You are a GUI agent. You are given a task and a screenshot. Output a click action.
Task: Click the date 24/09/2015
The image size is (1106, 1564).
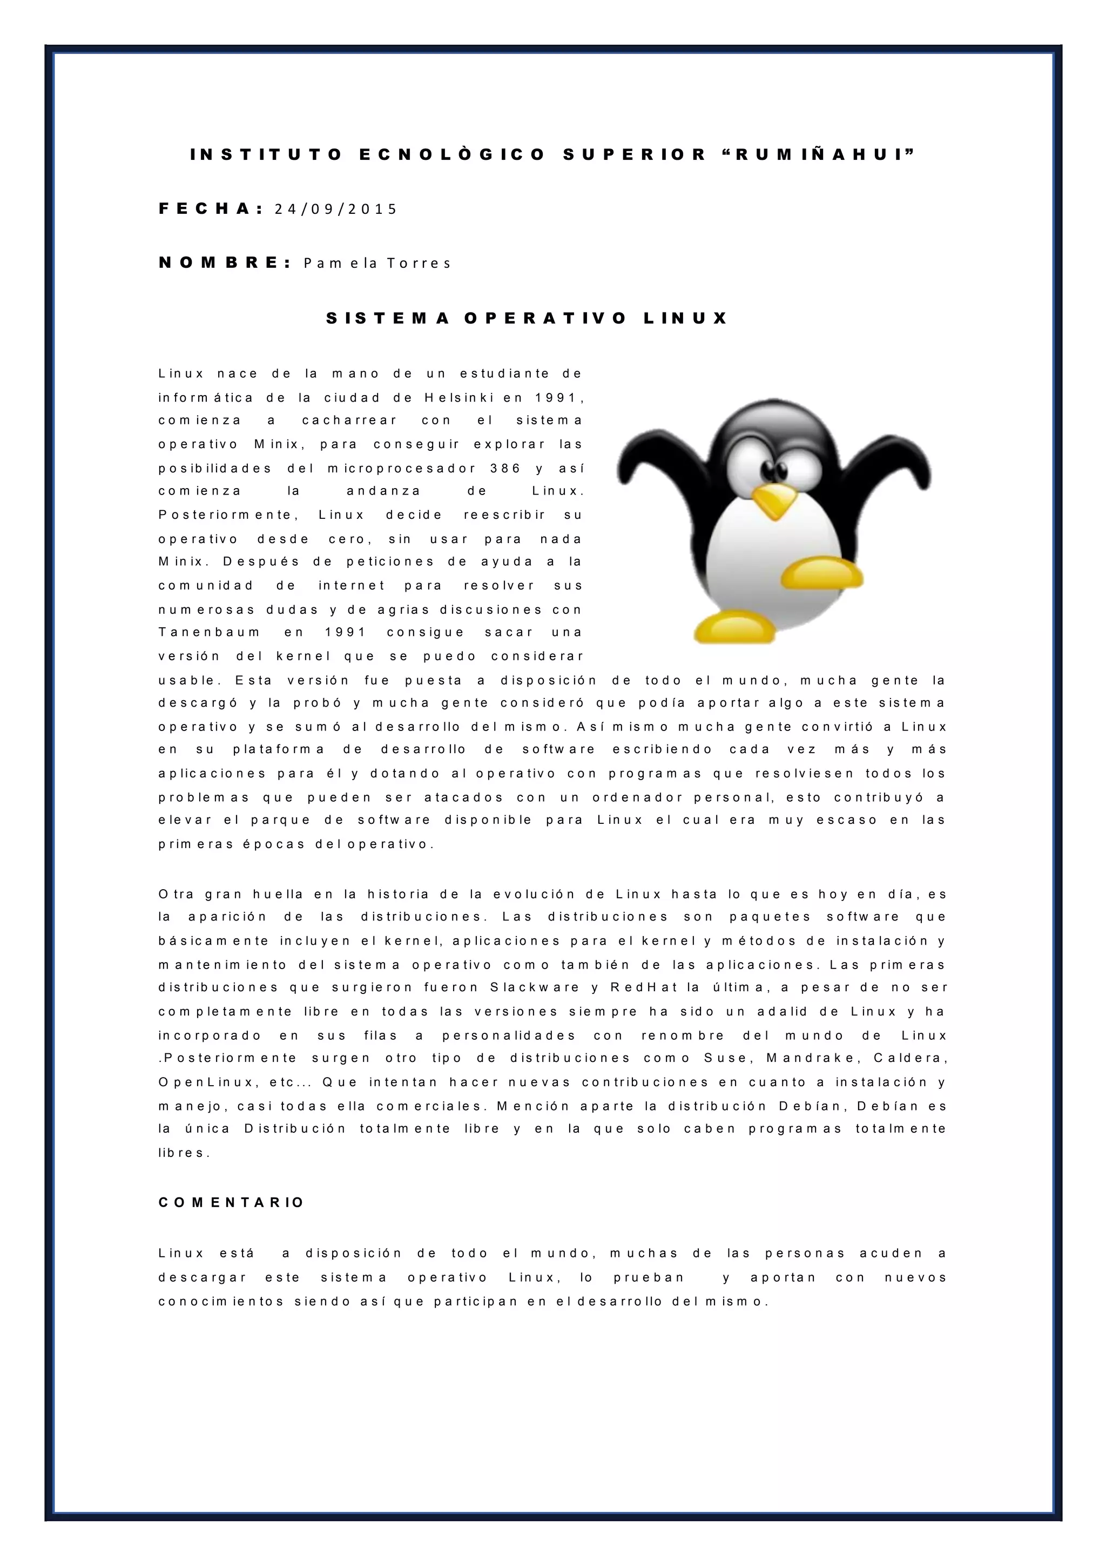pos(335,209)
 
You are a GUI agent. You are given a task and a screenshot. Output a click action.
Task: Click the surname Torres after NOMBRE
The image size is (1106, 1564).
pos(419,263)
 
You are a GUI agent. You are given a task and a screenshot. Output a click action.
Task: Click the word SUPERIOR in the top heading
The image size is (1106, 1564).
pos(635,154)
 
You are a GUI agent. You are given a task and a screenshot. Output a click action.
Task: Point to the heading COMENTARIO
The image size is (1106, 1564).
pos(231,1203)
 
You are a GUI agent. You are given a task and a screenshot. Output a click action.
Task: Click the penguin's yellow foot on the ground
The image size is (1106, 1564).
pos(734,627)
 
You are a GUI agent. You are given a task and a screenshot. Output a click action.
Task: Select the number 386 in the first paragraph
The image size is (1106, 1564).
pos(505,469)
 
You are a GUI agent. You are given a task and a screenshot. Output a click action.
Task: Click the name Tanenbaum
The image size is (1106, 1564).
pos(209,632)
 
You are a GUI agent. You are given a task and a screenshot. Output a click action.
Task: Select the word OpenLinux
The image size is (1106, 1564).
pos(205,1082)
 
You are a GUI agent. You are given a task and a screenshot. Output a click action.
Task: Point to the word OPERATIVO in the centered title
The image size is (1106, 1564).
pos(545,319)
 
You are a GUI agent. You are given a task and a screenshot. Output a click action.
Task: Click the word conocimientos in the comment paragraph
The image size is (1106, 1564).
pos(221,1302)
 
